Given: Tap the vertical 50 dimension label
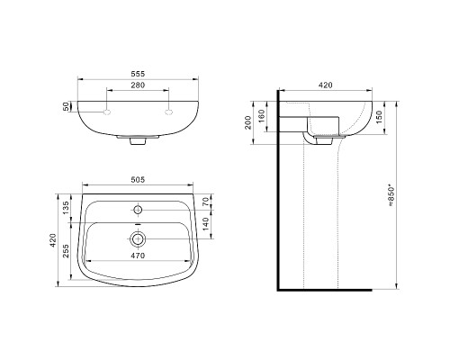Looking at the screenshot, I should [67, 107].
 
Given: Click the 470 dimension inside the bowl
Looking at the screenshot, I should [138, 255].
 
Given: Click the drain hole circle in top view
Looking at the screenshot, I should [138, 239].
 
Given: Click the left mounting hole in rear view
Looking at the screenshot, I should [106, 112].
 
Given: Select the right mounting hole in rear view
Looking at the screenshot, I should [168, 112].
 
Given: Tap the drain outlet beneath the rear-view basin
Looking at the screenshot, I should [138, 141].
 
